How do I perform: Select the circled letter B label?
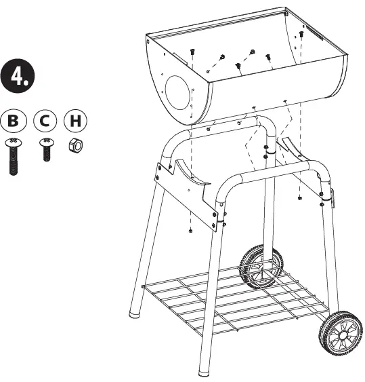[x=14, y=122]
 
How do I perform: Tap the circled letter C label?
[x=45, y=122]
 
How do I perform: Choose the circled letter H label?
[x=75, y=122]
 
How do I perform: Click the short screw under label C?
[x=45, y=150]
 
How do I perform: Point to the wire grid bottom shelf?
[x=230, y=299]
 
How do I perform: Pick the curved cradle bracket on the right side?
[x=291, y=149]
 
